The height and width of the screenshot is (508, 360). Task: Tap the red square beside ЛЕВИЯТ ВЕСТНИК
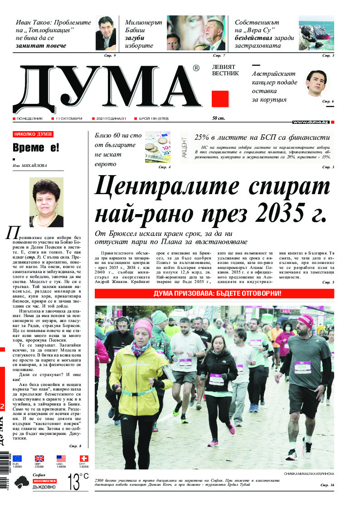220,98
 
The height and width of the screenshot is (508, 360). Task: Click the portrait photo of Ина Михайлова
46,202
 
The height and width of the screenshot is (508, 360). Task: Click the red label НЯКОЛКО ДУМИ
33,134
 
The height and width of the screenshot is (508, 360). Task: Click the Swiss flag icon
83,459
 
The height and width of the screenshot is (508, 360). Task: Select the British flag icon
39,459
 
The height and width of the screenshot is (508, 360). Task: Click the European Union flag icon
17,459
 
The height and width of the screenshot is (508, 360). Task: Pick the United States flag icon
61,459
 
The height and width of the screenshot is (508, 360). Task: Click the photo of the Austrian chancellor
315,83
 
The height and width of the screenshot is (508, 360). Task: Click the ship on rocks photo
316,33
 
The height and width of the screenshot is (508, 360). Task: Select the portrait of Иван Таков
106,33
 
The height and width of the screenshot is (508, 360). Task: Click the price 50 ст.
219,119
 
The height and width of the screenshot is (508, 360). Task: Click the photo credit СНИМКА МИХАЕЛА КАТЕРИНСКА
309,474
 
